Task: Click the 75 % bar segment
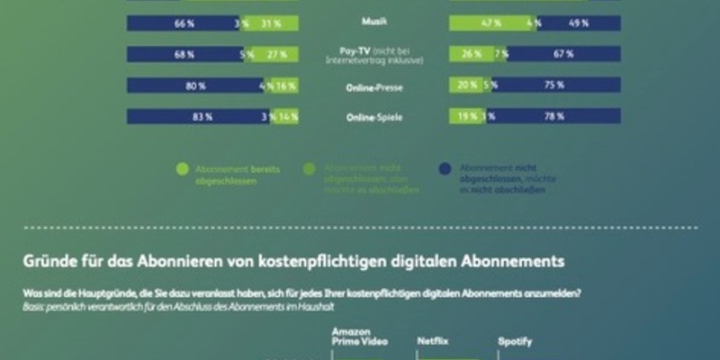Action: tap(555, 86)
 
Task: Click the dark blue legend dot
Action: tap(444, 168)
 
